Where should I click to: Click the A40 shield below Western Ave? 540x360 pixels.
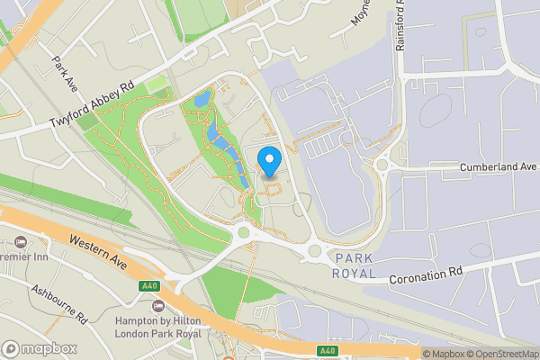click(149, 286)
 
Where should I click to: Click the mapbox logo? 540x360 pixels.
click(40, 348)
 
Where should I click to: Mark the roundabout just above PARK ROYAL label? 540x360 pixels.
click(316, 251)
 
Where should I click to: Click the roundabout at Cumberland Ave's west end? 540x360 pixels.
click(383, 165)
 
